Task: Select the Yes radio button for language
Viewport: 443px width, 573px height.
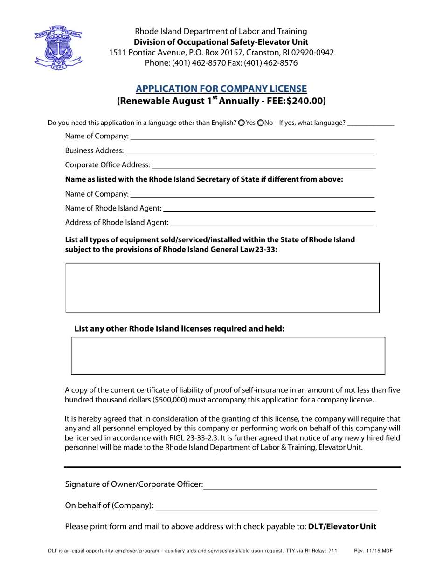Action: [x=241, y=123]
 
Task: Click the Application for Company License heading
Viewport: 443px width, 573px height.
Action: [x=221, y=89]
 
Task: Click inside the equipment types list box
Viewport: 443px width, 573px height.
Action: [x=222, y=287]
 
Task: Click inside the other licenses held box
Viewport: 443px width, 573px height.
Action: [x=228, y=355]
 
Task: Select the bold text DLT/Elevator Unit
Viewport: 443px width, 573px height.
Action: [x=342, y=527]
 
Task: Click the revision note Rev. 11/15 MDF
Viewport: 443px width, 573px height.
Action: [x=373, y=550]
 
